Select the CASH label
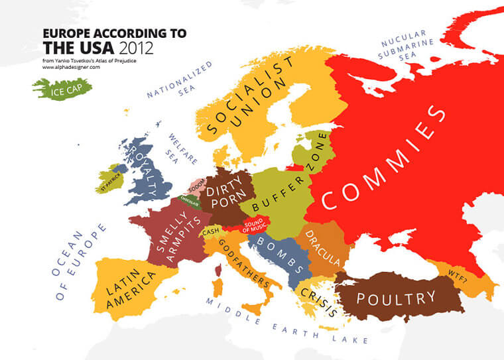(x=211, y=231)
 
